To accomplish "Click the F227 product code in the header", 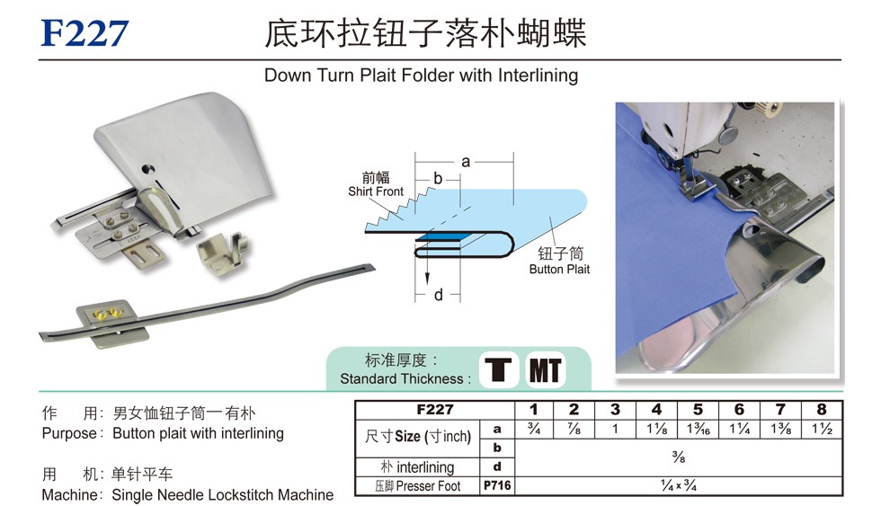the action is click(x=85, y=33).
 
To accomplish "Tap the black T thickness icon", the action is click(x=498, y=370).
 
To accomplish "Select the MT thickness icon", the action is click(x=545, y=370).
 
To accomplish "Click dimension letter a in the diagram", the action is click(x=466, y=162).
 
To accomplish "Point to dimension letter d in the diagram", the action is click(x=439, y=295).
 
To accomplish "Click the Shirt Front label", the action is click(x=376, y=191).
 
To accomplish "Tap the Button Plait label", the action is click(x=559, y=270).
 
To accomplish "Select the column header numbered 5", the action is click(x=698, y=410).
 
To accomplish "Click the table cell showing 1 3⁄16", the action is click(x=698, y=429).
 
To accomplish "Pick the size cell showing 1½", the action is click(x=822, y=429).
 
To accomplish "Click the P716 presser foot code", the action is click(x=497, y=486).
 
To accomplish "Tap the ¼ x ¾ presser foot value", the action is click(x=678, y=486).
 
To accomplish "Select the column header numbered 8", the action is click(x=822, y=410).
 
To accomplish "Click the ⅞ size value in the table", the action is click(x=574, y=429).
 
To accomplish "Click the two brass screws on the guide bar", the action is click(x=109, y=312).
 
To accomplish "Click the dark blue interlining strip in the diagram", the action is click(x=439, y=238).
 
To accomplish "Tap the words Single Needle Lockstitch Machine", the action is click(x=223, y=495).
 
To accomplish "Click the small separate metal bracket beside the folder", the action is click(x=223, y=253).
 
